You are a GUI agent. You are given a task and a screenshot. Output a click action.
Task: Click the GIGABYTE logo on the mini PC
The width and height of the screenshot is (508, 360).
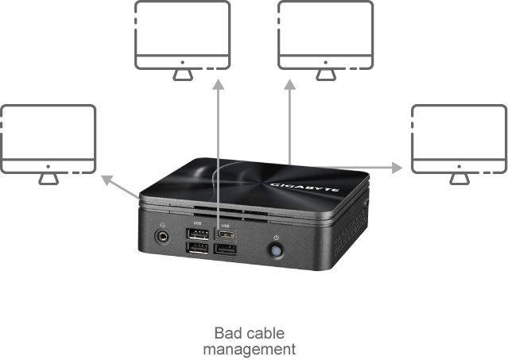(304, 187)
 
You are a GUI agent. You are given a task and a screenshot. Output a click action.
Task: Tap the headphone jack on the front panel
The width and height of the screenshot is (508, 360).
(162, 237)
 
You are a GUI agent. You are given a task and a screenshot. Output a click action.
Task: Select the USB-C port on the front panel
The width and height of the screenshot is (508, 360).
(226, 234)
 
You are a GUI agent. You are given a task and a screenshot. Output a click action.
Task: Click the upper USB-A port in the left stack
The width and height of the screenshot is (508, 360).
(197, 234)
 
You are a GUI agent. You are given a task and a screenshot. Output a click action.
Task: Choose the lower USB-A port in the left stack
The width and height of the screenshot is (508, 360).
(197, 248)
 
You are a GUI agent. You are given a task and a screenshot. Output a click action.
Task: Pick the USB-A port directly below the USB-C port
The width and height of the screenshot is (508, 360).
(226, 250)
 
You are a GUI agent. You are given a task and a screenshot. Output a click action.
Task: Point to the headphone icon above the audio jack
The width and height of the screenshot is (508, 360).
(163, 225)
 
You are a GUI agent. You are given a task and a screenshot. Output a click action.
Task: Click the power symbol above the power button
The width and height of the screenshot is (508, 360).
(276, 238)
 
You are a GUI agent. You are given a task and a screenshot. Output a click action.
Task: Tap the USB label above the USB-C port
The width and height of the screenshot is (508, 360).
(225, 226)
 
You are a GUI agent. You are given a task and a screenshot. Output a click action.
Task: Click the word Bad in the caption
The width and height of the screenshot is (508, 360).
(228, 333)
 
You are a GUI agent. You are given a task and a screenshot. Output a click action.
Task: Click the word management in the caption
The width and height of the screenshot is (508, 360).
(250, 350)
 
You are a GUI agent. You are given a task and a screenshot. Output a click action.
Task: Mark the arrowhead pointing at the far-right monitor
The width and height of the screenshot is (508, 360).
(397, 168)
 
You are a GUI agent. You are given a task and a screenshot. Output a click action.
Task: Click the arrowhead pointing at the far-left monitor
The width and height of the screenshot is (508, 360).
(107, 180)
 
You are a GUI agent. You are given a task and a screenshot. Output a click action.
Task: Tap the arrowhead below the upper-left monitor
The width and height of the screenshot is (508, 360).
(219, 84)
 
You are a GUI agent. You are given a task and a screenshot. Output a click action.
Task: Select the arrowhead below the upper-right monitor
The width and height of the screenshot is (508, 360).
(289, 84)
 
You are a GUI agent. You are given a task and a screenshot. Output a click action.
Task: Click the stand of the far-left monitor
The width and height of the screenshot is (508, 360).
(48, 179)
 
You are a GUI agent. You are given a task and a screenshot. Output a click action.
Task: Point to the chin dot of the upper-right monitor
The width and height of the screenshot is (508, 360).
(326, 62)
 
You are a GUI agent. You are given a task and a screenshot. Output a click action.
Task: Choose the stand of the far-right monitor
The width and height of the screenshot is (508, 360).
(459, 179)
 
